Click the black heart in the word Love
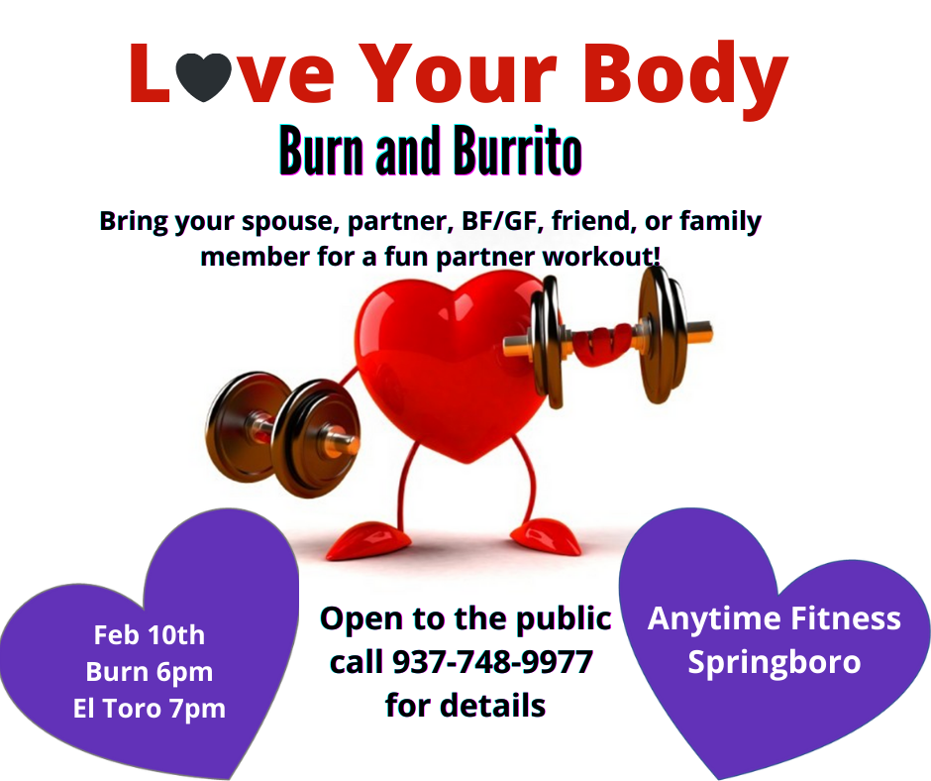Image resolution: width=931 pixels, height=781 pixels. coord(203,76)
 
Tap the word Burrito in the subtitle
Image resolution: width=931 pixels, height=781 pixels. coord(517,151)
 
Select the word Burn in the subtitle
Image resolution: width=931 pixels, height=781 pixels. coord(321,151)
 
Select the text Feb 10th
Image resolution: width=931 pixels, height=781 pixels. coord(149,634)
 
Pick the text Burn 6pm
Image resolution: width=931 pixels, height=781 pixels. coord(149,672)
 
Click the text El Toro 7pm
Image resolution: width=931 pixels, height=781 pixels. coord(149,708)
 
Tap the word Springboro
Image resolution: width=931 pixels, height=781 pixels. coord(775,663)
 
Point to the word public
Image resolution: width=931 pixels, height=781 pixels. coord(564,619)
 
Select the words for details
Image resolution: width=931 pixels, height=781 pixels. coord(465,705)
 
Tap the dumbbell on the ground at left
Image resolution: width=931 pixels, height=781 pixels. coord(282,434)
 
